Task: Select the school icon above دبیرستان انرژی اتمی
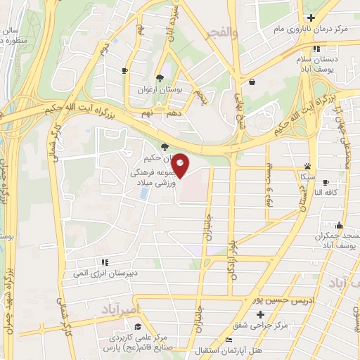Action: (x=104, y=263)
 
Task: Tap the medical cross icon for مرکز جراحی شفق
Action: (x=259, y=314)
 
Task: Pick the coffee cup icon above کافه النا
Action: (x=326, y=183)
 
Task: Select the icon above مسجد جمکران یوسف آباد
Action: (x=340, y=226)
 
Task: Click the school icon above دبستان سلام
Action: (x=316, y=49)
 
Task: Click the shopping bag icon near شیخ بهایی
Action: (x=252, y=82)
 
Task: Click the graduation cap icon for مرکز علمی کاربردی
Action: (x=138, y=326)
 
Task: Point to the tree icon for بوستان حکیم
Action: (x=164, y=147)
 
